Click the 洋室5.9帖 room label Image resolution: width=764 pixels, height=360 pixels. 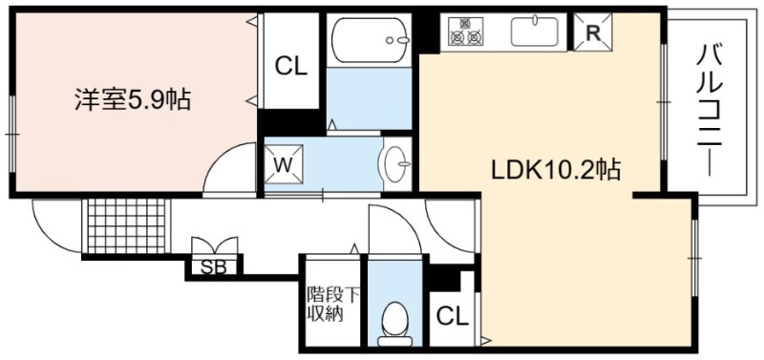132,99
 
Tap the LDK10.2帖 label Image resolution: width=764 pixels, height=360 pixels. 555,170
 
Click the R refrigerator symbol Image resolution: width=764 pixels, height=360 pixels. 592,32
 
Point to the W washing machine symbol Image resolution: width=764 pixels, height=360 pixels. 283,165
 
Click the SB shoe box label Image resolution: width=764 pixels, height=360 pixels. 214,267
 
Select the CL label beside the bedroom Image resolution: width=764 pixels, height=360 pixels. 291,67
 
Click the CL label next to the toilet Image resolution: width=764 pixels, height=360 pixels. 452,317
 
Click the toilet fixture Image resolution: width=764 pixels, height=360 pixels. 394,323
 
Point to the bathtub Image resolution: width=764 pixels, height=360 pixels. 369,40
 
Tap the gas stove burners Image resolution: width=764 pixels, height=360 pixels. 465,32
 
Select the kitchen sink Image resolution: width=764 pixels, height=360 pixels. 535,32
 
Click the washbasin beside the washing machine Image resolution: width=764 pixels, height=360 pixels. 396,163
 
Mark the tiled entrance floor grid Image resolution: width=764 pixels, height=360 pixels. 126,226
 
